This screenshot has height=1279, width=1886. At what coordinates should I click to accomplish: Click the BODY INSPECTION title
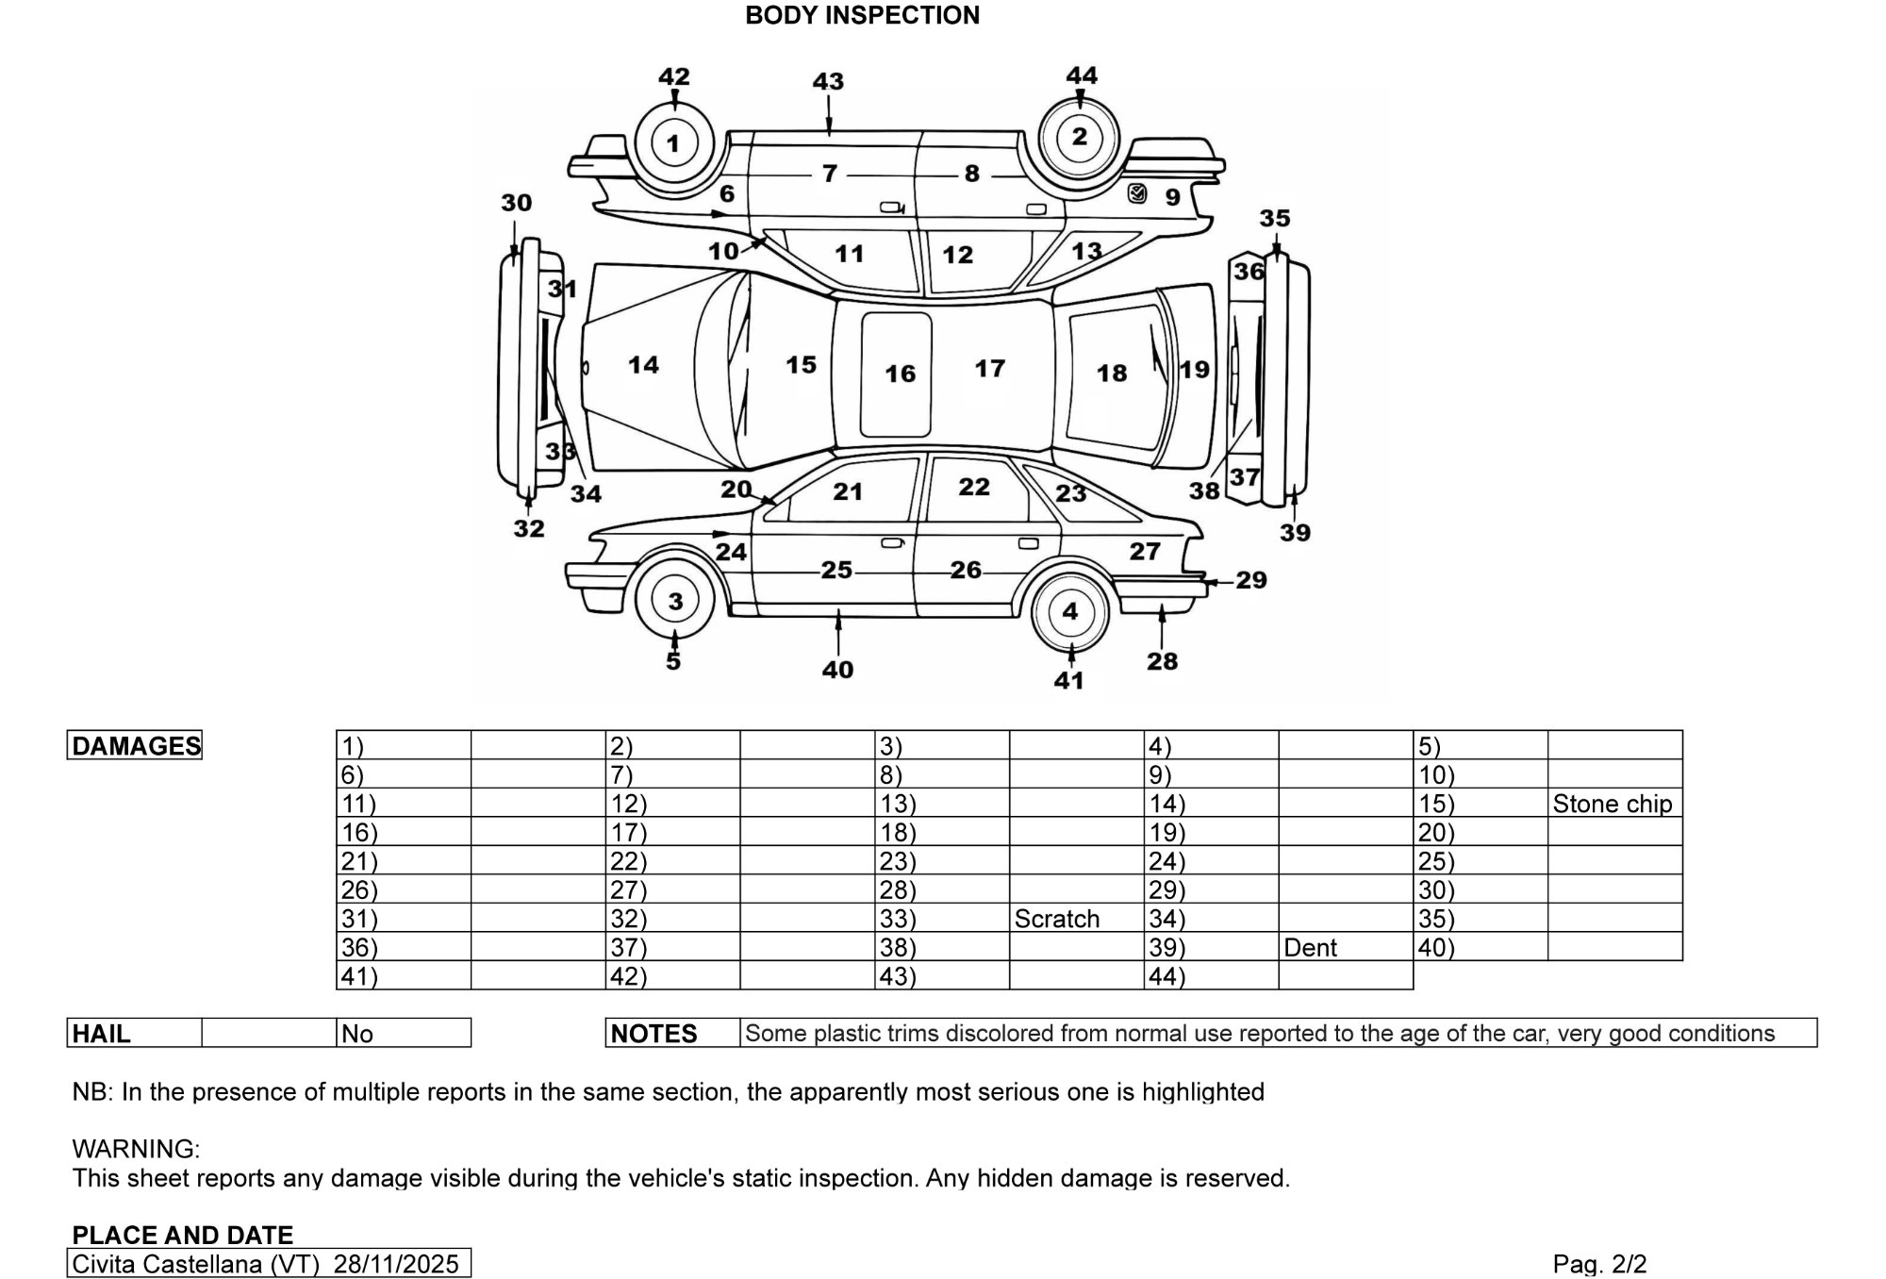click(862, 15)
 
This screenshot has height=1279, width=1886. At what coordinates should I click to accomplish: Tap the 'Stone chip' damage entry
click(1612, 804)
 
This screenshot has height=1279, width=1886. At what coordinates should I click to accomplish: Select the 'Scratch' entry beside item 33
click(1056, 919)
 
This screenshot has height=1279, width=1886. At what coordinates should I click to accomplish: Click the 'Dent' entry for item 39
click(1310, 947)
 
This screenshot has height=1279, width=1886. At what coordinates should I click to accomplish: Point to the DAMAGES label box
click(135, 745)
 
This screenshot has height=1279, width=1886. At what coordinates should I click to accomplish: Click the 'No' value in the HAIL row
click(357, 1034)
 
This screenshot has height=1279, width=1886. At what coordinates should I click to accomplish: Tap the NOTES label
click(653, 1034)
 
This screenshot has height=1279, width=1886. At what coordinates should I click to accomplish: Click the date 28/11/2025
click(396, 1264)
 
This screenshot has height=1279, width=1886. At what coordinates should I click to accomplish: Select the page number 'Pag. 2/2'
click(1599, 1264)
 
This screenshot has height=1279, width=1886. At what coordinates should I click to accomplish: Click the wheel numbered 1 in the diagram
click(672, 143)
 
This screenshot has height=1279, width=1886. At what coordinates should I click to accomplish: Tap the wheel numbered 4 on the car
click(1069, 611)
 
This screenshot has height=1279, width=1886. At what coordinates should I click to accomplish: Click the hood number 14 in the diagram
click(643, 365)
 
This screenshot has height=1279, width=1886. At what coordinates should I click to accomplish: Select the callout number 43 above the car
click(828, 81)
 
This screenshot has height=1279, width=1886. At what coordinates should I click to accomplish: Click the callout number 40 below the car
click(837, 670)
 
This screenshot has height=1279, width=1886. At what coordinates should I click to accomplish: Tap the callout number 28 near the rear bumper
click(1162, 661)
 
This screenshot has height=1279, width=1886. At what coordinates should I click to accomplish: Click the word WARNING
click(136, 1149)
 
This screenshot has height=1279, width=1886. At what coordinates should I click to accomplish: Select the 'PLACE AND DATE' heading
click(183, 1235)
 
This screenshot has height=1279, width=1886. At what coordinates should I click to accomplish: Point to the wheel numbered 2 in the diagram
click(1080, 138)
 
